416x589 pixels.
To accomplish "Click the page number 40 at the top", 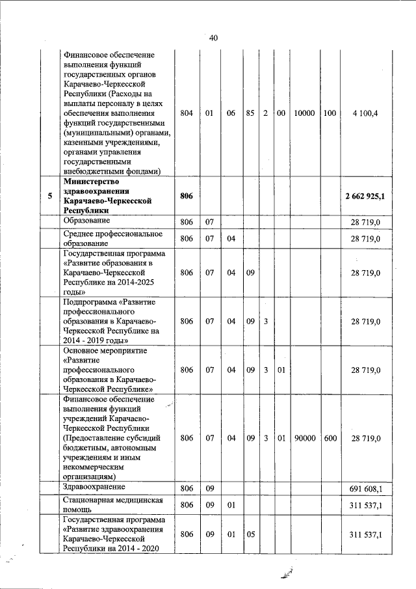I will point(213,38).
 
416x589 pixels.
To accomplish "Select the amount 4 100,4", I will point(365,113).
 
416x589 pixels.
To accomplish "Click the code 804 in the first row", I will point(187,113).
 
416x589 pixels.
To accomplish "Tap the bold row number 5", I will point(49,195).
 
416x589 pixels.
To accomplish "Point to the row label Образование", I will point(88,221).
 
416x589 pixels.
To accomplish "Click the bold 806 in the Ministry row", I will point(187,195).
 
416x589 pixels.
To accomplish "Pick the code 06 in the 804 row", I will point(230,113).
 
